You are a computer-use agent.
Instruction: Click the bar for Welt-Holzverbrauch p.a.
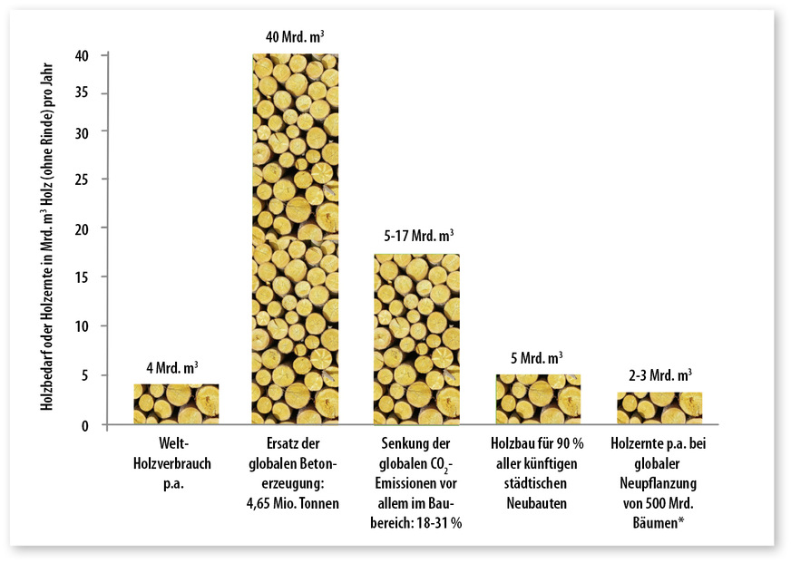click(x=176, y=404)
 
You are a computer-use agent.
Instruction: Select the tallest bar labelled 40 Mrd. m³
click(x=296, y=239)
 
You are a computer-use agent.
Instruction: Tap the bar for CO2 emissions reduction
click(x=416, y=339)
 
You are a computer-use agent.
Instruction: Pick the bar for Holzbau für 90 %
click(x=538, y=399)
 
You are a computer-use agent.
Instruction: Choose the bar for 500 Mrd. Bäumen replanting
click(x=659, y=408)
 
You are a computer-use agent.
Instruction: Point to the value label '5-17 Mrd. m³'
click(x=417, y=236)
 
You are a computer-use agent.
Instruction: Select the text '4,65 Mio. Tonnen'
click(x=296, y=504)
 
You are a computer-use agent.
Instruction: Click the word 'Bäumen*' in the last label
click(x=659, y=525)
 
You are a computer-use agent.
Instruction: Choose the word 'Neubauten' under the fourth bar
click(x=538, y=504)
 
